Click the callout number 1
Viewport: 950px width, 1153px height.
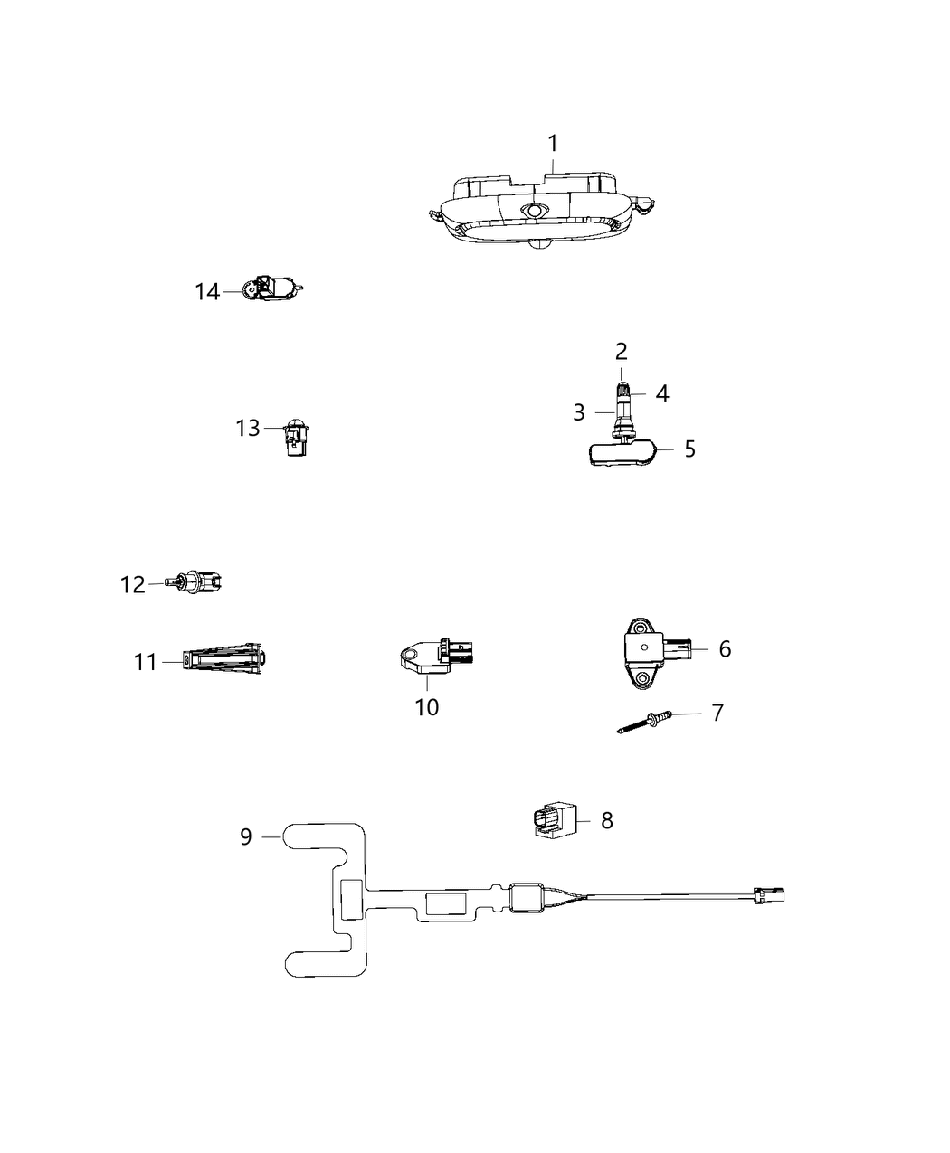pyautogui.click(x=552, y=144)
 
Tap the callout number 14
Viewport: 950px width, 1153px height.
pyautogui.click(x=207, y=292)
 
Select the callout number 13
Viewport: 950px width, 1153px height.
pyautogui.click(x=247, y=428)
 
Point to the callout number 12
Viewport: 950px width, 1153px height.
pyautogui.click(x=133, y=585)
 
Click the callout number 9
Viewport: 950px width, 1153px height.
pyautogui.click(x=246, y=836)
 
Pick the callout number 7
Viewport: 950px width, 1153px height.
pyautogui.click(x=717, y=713)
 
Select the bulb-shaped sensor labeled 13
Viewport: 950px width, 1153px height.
pyautogui.click(x=295, y=437)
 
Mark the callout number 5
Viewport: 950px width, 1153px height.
pyautogui.click(x=689, y=449)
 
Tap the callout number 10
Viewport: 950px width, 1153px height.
pyautogui.click(x=427, y=707)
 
